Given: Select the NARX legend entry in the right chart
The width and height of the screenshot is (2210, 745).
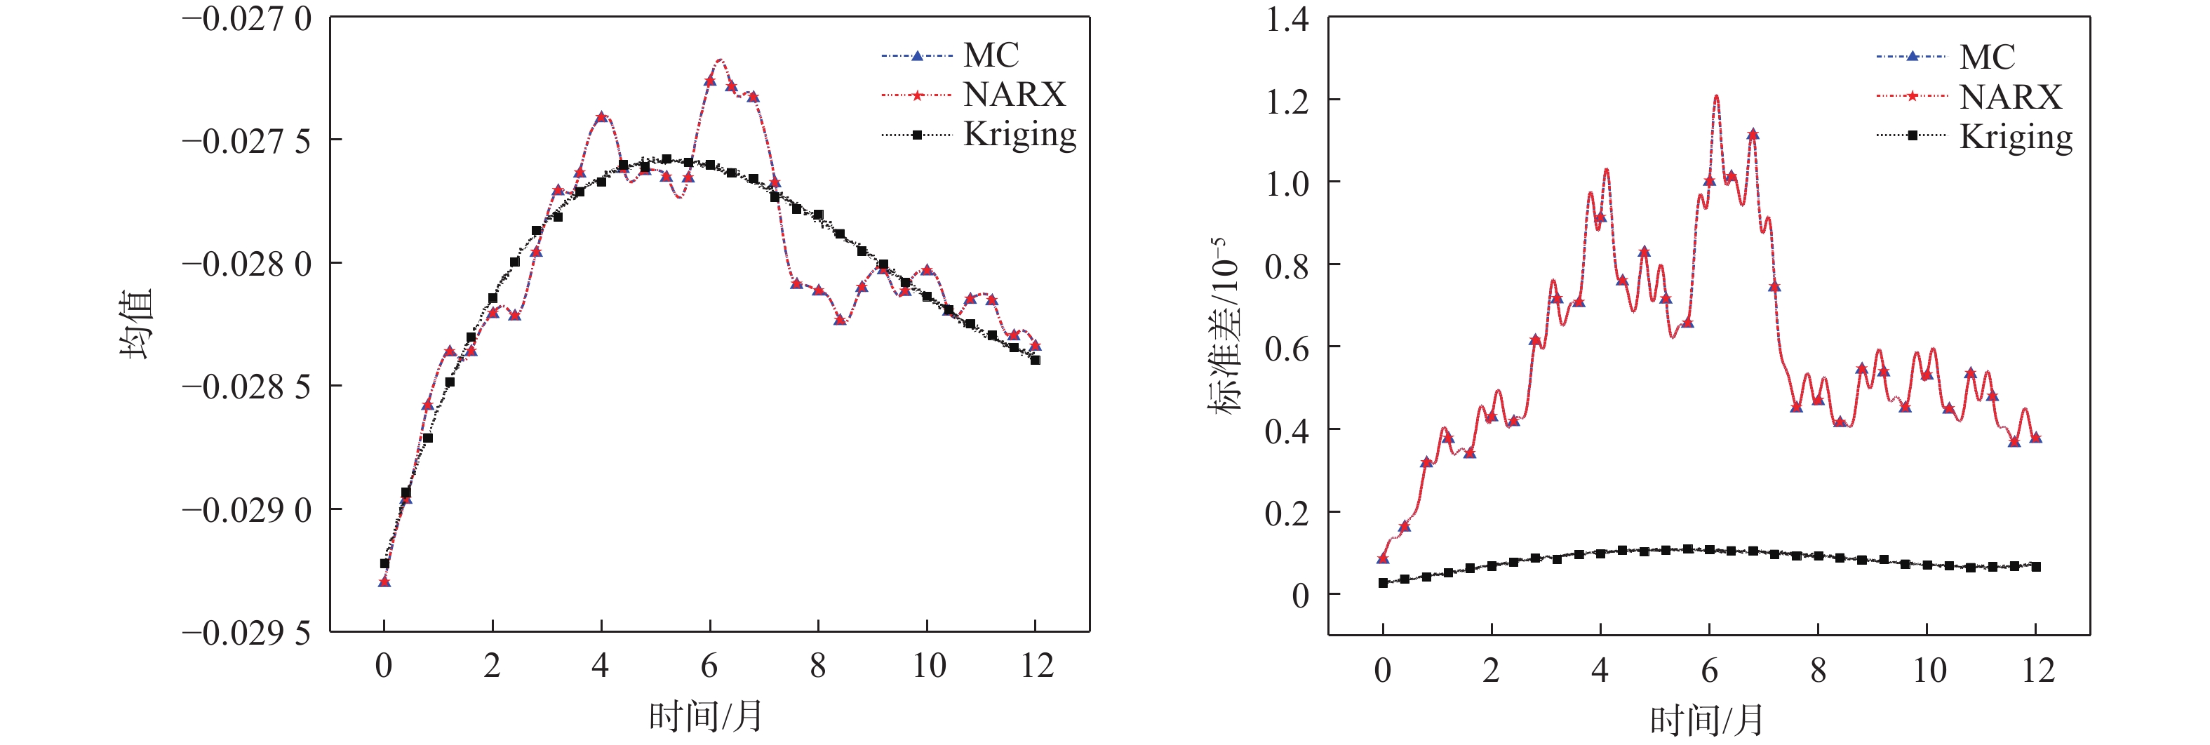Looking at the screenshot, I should [2010, 96].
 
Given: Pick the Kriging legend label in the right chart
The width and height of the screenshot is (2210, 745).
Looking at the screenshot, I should [2015, 137].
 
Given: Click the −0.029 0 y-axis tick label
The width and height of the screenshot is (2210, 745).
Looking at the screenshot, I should [246, 511].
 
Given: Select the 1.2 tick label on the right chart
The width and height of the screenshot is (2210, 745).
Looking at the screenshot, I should [1287, 101].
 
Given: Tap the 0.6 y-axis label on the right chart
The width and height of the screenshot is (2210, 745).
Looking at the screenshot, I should [1287, 349].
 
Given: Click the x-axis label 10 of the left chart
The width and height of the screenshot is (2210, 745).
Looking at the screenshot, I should [928, 665].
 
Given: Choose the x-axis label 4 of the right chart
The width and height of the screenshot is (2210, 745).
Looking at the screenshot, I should [1599, 669].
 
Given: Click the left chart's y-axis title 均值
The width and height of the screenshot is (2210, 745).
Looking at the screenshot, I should [135, 323].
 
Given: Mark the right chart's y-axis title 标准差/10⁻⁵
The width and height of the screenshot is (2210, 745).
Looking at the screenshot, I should [1226, 325].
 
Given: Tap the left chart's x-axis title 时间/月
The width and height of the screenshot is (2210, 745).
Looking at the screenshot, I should [705, 715].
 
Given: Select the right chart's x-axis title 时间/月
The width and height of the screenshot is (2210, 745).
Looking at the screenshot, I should [1706, 719].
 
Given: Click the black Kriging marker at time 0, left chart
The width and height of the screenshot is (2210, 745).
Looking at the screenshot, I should [384, 564].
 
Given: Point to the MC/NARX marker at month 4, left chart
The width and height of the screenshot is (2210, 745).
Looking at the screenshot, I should [601, 116].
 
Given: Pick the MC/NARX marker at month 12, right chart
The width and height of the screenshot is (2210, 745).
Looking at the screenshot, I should [2036, 438].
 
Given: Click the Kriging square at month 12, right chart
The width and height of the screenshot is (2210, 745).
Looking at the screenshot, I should [2036, 567].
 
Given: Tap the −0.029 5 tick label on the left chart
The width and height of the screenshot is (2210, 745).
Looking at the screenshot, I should [246, 633].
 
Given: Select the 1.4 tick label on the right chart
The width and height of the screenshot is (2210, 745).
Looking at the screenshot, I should [1287, 19].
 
